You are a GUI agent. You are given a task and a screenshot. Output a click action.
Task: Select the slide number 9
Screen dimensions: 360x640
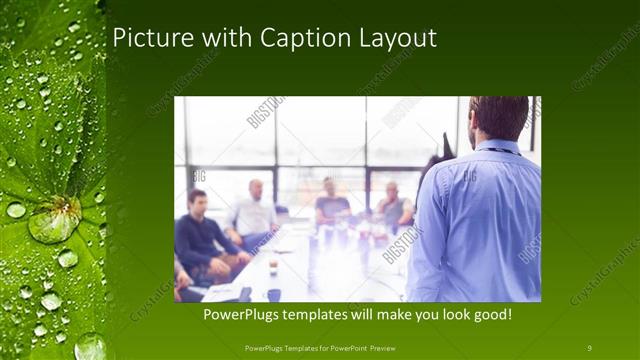click(x=589, y=347)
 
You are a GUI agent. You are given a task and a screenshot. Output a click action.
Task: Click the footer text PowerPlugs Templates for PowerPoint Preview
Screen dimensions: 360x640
click(x=319, y=347)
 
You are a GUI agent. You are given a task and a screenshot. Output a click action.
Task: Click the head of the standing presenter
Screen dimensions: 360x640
click(x=498, y=117)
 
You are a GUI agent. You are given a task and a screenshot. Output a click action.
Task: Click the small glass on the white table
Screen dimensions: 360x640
click(x=273, y=267)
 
